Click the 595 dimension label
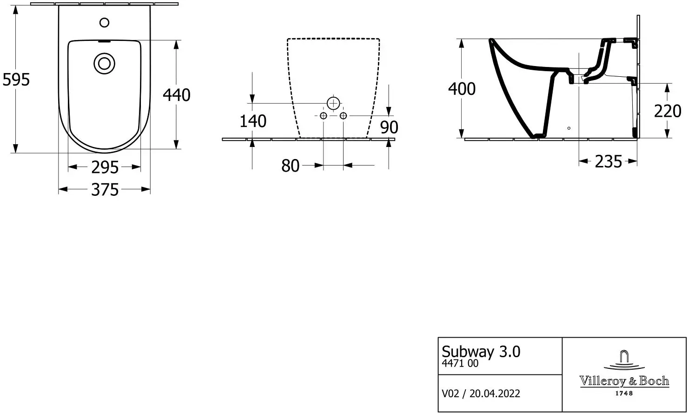(16, 80)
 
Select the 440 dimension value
(177, 95)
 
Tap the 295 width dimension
(105, 167)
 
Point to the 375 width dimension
(105, 190)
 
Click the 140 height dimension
(253, 121)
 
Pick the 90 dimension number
(389, 127)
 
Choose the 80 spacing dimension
(290, 166)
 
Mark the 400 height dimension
(462, 89)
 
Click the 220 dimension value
(668, 111)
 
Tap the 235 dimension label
(609, 162)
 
